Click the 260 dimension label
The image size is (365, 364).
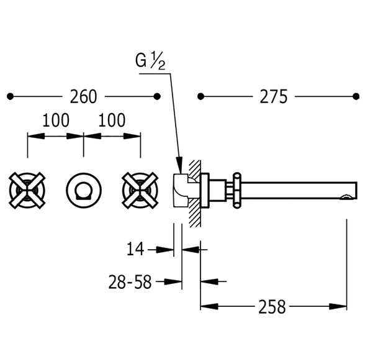click(x=83, y=96)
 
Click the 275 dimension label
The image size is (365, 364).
click(x=273, y=96)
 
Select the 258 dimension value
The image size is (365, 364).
click(x=272, y=306)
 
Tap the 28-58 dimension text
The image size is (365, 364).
click(x=130, y=282)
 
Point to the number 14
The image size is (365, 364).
click(x=135, y=248)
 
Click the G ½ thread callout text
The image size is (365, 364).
click(x=150, y=61)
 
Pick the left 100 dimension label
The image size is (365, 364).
click(x=56, y=120)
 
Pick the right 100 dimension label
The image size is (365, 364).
click(x=112, y=120)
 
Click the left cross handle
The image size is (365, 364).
click(x=27, y=191)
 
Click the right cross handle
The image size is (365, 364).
click(x=140, y=191)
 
